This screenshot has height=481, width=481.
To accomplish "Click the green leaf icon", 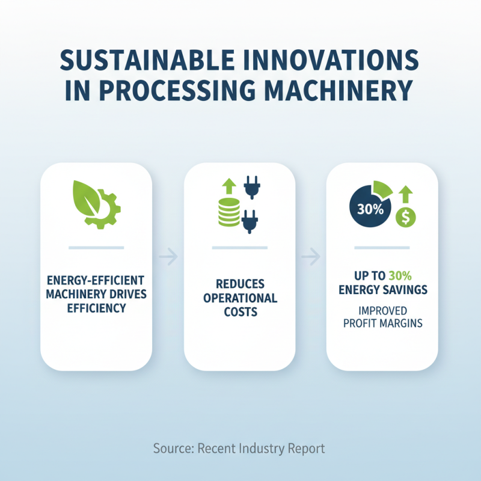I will (x=85, y=195).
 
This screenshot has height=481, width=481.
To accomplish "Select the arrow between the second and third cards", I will (x=310, y=258).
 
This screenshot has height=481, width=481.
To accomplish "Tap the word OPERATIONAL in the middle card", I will (x=240, y=298).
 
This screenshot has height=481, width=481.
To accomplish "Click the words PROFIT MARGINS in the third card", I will (x=382, y=323).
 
